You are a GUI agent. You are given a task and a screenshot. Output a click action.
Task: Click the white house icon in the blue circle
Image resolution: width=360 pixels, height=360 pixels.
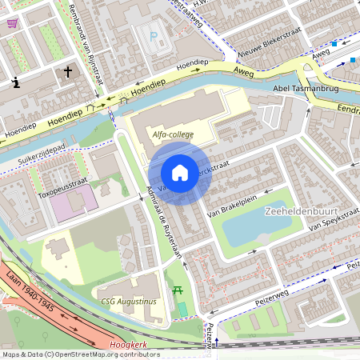click(x=180, y=172)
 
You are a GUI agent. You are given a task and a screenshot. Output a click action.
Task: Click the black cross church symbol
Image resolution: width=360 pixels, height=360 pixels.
click(x=67, y=73)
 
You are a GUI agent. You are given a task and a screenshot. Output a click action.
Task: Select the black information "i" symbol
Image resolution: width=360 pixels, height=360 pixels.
click(x=16, y=82)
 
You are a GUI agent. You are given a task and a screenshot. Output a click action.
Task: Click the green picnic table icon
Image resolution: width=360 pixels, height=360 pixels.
click(x=178, y=290)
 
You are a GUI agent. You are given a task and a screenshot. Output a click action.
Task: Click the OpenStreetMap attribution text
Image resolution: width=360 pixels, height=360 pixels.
click(x=80, y=354)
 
